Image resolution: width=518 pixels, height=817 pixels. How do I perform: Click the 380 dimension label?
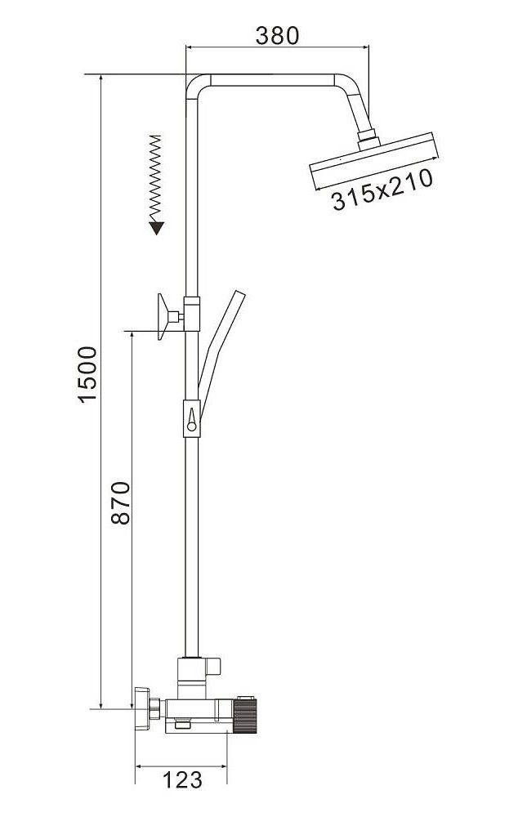(277, 35)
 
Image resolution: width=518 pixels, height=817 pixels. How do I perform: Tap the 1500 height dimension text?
(87, 374)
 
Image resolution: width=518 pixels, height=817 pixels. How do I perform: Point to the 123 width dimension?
(182, 780)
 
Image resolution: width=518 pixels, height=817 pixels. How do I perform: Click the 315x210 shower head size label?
(382, 190)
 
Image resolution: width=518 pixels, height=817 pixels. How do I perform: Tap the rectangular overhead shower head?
(373, 160)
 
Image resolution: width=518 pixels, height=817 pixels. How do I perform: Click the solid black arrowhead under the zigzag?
(156, 228)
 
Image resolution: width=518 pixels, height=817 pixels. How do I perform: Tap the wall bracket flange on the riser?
(163, 316)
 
